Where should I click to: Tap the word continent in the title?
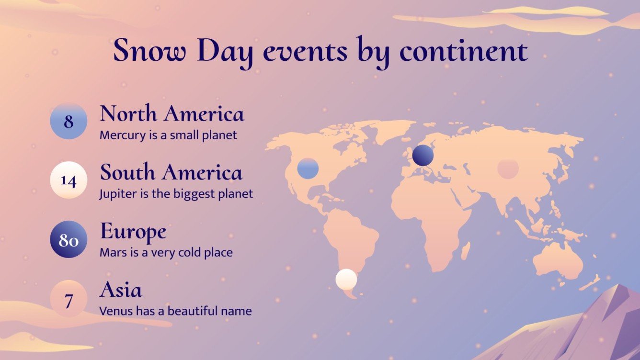[463, 51]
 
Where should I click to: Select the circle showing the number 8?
[69, 121]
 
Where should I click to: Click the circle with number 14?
[69, 180]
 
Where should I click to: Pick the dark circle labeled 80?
[69, 239]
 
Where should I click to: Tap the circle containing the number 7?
[69, 300]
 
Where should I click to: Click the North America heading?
[171, 114]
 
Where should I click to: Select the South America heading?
[171, 172]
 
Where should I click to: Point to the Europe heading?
[133, 232]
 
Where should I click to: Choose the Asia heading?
[121, 290]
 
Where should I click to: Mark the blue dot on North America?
[308, 169]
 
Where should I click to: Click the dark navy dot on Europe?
[423, 156]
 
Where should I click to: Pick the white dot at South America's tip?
[346, 280]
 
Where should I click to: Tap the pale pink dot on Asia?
[508, 169]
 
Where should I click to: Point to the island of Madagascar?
[466, 250]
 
